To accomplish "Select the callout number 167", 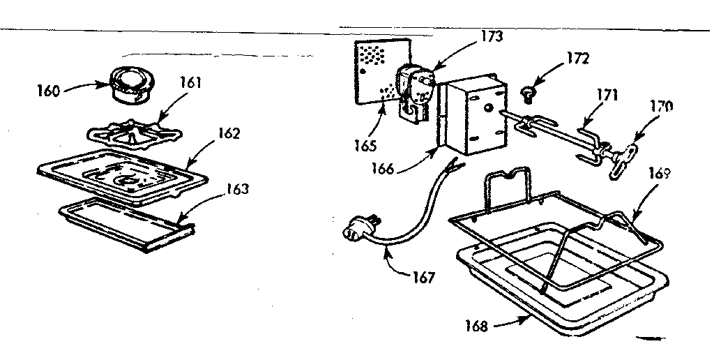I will point(423,278).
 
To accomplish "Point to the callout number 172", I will point(577,59).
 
